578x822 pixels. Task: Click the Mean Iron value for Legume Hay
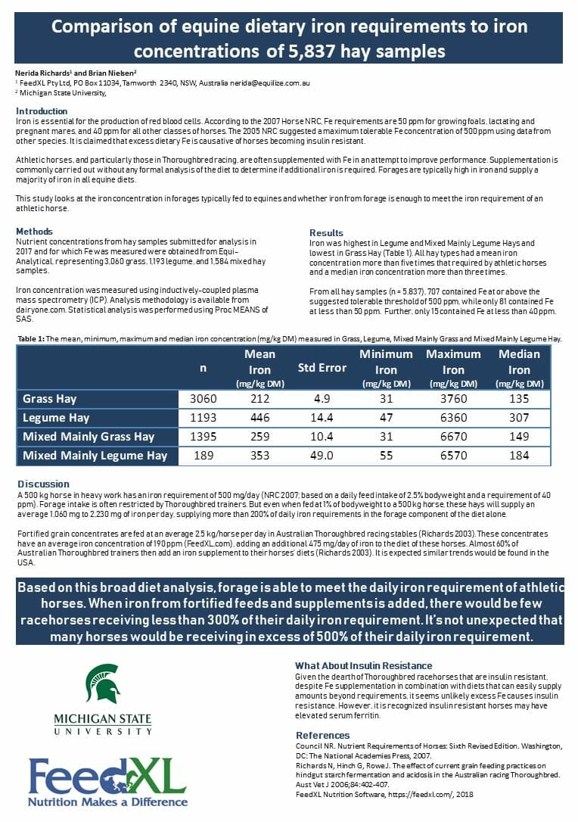[x=259, y=417]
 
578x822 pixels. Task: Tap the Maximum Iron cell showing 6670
[x=453, y=436]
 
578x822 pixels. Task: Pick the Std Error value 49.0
[x=322, y=455]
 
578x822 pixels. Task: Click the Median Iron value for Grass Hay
[x=519, y=398]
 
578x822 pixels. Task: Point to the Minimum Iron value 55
[x=386, y=455]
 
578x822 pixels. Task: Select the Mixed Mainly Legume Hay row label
[x=95, y=455]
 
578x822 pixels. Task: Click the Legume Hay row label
[x=57, y=417]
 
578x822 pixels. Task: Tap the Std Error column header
[x=322, y=367]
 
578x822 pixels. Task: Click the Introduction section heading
[x=42, y=111]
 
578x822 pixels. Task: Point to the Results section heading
[x=327, y=232]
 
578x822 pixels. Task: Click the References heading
[x=322, y=735]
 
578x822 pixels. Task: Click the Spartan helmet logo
[x=102, y=683]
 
